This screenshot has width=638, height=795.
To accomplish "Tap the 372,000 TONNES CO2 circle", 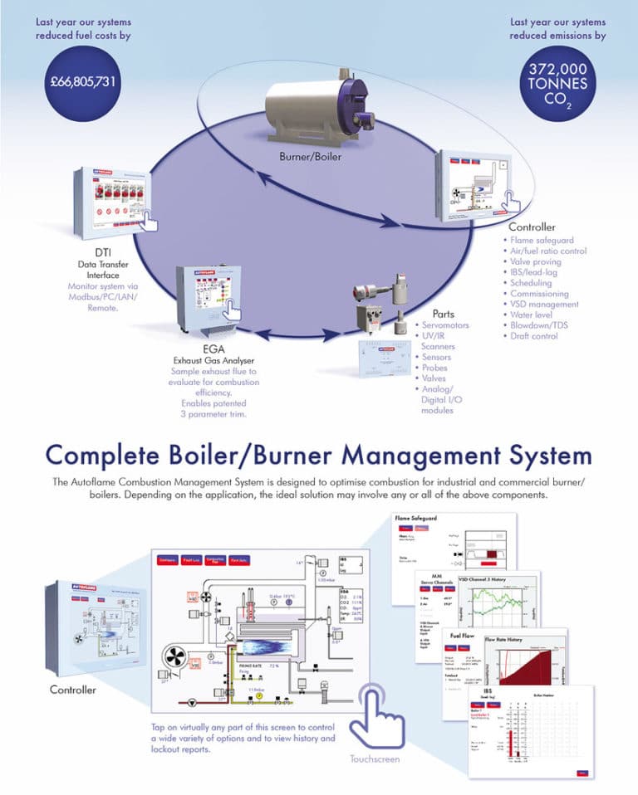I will pos(557,84).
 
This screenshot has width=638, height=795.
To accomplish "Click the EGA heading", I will pos(213,349).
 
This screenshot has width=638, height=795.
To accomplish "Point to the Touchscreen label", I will pos(375,758).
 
